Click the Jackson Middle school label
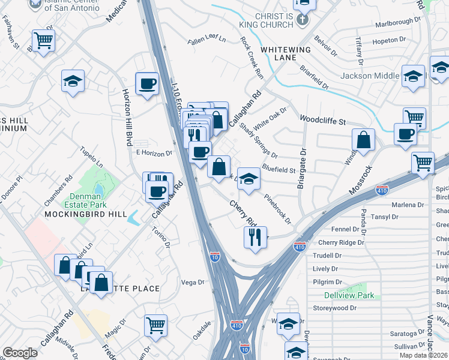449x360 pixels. click(x=370, y=76)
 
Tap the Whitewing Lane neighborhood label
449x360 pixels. click(x=286, y=53)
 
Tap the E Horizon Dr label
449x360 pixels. click(x=154, y=153)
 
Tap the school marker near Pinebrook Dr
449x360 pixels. click(x=249, y=179)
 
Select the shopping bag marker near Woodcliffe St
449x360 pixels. click(x=364, y=140)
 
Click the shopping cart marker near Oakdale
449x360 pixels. click(x=156, y=325)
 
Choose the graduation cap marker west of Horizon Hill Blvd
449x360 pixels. click(x=73, y=81)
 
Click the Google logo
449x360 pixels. click(x=20, y=353)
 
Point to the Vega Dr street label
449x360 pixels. click(x=193, y=282)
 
